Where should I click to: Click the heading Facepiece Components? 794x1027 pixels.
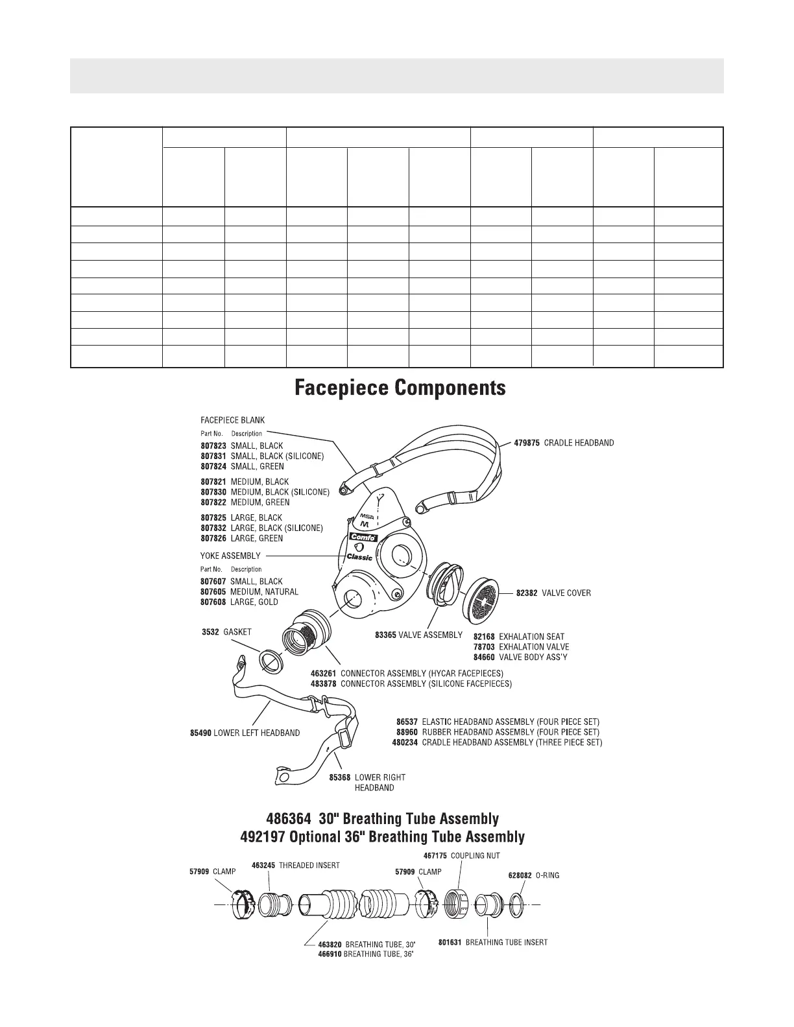400,388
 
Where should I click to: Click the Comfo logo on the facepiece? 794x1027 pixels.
363,537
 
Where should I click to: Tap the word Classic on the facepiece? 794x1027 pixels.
359,557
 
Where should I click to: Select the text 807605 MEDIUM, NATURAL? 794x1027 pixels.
250,592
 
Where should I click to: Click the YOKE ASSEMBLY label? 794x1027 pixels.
230,556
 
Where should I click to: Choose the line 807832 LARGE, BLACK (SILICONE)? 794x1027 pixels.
261,528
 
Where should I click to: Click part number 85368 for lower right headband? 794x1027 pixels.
339,777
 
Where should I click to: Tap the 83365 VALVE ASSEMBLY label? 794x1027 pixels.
418,635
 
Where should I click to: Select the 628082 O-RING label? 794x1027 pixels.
533,875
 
